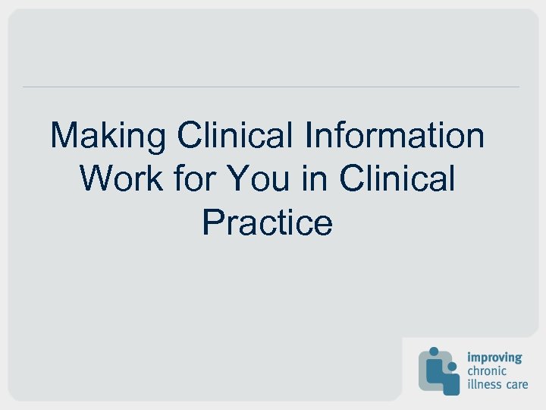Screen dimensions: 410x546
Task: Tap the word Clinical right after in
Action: tap(398, 179)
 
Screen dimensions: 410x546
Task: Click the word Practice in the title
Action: tap(267, 222)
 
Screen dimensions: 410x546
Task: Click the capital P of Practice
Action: tap(212, 222)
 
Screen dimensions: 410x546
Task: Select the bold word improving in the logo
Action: tap(494, 358)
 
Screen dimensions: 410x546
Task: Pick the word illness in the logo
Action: tap(482, 384)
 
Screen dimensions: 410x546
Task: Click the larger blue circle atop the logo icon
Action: tap(435, 352)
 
